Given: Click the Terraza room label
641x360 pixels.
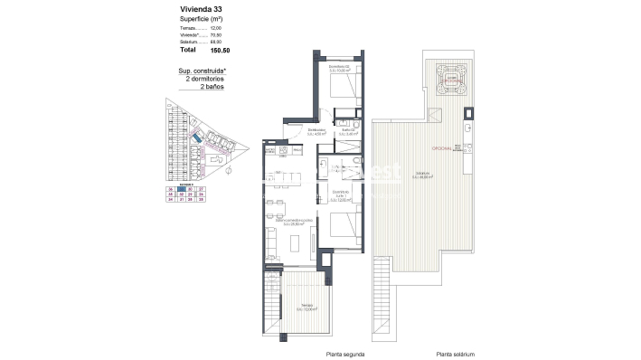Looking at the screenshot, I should pyautogui.click(x=310, y=308).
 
